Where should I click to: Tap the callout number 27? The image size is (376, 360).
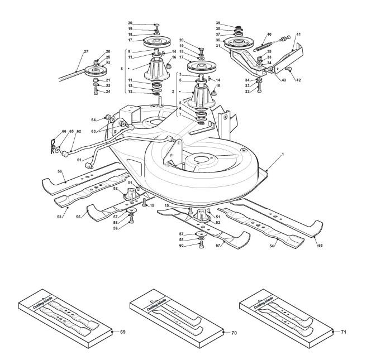86,52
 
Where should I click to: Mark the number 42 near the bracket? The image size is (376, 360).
298,80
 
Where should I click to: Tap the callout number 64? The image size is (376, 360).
94,119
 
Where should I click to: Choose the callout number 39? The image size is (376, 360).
219,23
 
